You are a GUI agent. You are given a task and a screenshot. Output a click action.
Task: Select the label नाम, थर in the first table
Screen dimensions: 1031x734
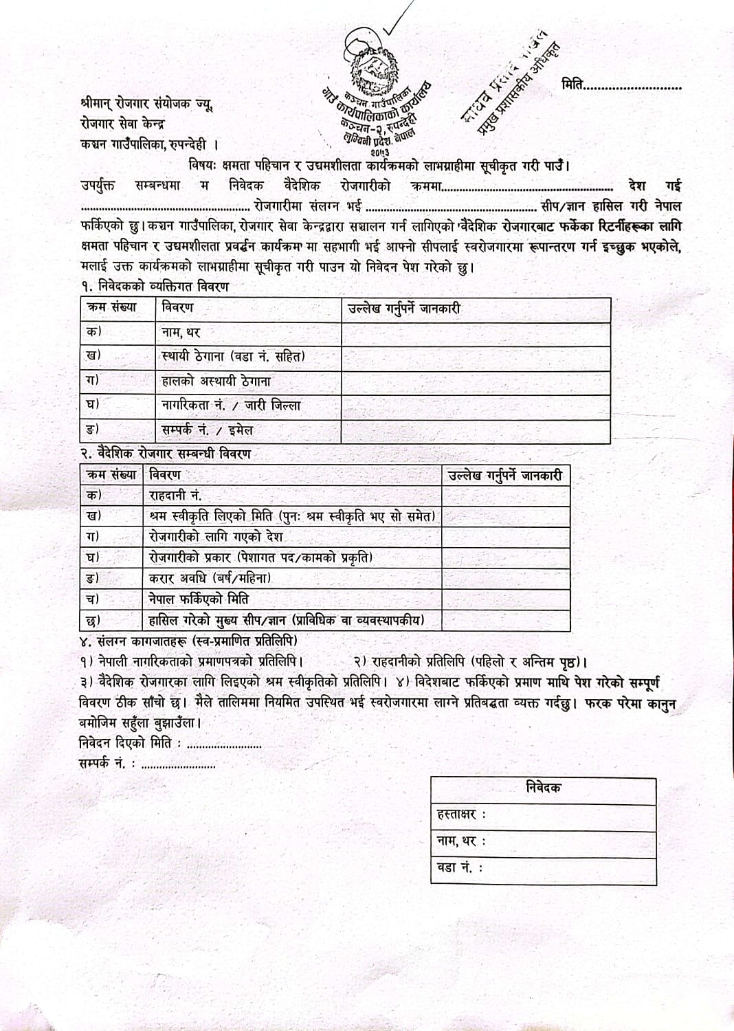tap(181, 333)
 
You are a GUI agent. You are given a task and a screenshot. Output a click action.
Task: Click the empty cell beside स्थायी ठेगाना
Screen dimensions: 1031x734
tap(476, 357)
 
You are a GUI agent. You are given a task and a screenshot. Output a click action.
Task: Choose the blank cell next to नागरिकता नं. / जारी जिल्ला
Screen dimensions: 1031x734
tap(476, 406)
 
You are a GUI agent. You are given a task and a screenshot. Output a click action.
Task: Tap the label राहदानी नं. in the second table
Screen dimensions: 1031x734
tap(176, 496)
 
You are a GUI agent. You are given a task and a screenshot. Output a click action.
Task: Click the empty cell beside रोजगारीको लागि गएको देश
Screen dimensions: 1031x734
tap(505, 537)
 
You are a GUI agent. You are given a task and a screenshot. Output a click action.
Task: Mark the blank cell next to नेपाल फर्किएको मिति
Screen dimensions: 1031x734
tap(505, 599)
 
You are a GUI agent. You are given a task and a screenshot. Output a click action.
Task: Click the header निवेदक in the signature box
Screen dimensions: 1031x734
tap(543, 788)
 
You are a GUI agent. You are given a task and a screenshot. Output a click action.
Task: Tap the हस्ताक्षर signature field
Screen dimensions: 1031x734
tap(543, 814)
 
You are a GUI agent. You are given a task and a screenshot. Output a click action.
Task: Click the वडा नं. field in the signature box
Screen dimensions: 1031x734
tap(543, 867)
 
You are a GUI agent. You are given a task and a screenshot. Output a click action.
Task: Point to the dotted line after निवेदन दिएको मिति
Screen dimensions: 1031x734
tap(224, 745)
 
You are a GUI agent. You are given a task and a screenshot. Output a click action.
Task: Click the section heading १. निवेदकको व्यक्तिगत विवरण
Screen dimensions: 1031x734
tap(155, 287)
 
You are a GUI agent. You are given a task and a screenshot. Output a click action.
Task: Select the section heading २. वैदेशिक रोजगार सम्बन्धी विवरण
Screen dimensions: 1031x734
tap(165, 454)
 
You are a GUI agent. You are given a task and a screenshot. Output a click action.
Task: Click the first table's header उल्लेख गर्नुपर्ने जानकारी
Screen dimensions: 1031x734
tap(404, 309)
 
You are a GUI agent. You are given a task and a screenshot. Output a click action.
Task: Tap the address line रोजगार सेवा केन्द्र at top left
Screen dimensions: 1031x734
tap(122, 124)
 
